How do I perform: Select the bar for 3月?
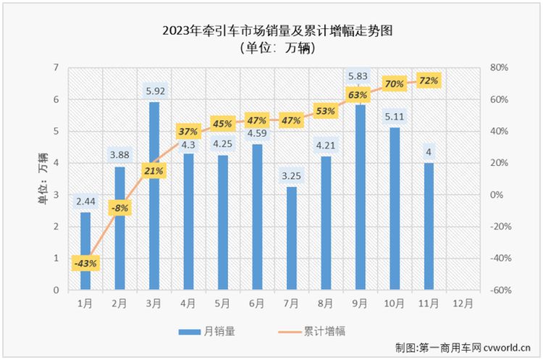[x=154, y=196]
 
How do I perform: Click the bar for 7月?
[x=292, y=238]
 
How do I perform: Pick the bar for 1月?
[x=85, y=251]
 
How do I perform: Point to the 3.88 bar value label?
[x=119, y=154]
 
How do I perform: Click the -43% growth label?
[x=85, y=263]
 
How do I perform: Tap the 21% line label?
[x=154, y=170]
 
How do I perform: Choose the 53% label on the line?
[x=326, y=111]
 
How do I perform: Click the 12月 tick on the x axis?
[x=463, y=302]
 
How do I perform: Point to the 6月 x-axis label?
[x=257, y=302]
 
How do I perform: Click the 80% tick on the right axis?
[x=500, y=67]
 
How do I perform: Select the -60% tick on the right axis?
[x=500, y=290]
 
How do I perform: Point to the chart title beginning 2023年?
[x=271, y=30]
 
